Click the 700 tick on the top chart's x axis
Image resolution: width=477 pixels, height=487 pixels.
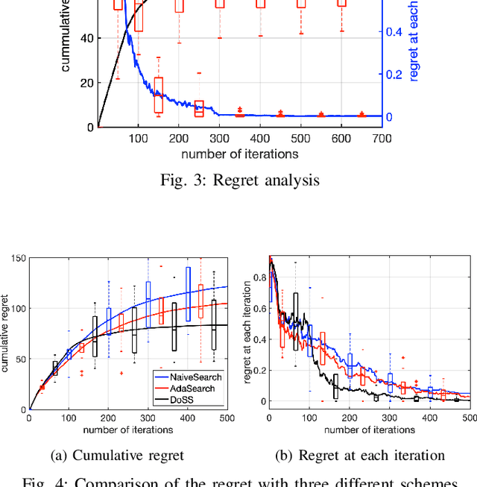[382, 139]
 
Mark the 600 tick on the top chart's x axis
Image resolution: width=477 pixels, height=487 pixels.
[341, 139]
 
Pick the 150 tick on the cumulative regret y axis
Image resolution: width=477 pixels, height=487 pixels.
[17, 258]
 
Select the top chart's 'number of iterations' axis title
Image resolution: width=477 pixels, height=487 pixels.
[240, 154]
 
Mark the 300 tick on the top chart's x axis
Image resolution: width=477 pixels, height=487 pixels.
[219, 139]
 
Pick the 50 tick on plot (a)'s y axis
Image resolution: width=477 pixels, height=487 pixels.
[19, 359]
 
